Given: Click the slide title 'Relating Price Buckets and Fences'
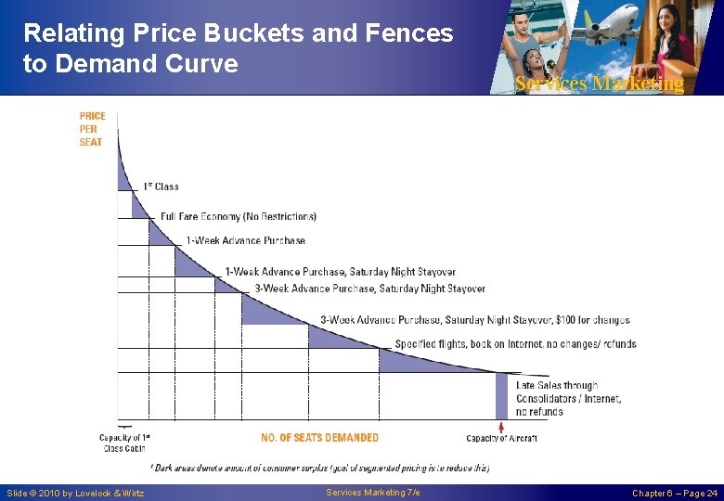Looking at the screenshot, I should tap(238, 34).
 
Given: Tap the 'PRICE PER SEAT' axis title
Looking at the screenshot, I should tap(92, 129).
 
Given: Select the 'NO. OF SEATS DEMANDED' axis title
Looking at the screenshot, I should tap(319, 437).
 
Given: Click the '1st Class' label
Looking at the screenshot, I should tap(161, 186).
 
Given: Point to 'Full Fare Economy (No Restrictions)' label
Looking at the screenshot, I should tap(239, 216).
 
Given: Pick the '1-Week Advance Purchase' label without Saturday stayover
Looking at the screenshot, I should tap(245, 240).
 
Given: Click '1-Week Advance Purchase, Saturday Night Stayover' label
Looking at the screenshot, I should tap(340, 272).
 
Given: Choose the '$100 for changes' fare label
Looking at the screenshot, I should tap(474, 320).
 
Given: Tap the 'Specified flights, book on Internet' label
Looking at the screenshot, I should tap(515, 344).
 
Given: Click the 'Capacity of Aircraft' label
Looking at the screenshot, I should tap(501, 438).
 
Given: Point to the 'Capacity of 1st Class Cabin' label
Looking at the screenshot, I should tap(124, 443).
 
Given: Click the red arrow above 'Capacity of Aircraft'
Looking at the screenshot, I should tap(501, 427).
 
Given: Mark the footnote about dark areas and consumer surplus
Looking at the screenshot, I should tap(319, 468).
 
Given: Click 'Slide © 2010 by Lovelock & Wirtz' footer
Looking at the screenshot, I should tap(75, 493).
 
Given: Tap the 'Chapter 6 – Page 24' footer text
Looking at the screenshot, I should tap(675, 493).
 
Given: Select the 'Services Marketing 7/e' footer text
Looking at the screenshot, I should tap(373, 492).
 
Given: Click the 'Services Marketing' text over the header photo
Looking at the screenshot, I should tap(600, 83).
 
